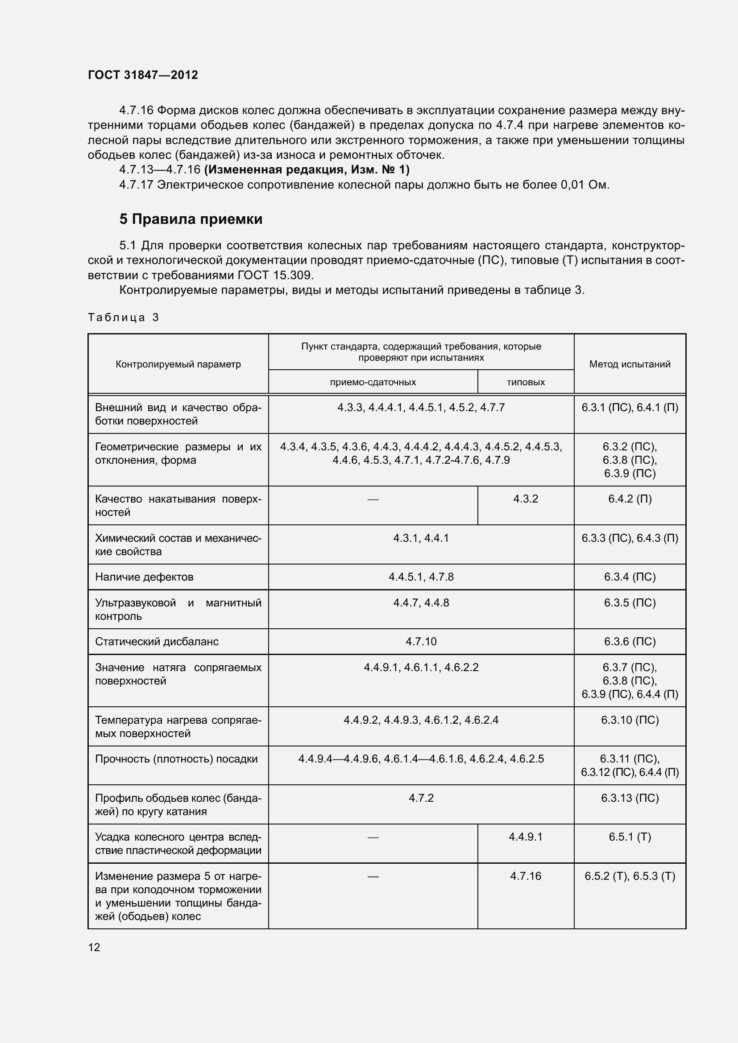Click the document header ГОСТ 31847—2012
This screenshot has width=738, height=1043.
point(143,75)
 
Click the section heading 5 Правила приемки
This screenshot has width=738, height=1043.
point(191,219)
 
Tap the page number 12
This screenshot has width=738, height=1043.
point(94,947)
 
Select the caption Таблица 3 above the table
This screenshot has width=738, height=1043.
point(123,317)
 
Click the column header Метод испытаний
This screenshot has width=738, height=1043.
point(630,364)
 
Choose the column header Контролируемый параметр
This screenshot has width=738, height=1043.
point(178,364)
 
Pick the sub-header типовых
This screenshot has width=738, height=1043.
point(525,382)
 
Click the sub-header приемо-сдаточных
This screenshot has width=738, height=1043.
point(373,382)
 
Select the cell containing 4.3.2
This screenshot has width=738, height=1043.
point(525,499)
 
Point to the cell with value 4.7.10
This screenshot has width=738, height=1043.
point(421,641)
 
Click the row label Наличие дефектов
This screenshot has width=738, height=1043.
point(144,577)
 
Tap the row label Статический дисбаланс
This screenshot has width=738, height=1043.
point(157,641)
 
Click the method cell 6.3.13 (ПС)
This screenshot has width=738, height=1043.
point(630,798)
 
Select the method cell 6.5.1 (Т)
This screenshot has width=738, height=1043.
point(630,837)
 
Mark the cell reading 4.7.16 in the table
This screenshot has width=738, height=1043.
point(525,876)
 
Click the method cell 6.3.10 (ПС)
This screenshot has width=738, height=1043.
point(630,720)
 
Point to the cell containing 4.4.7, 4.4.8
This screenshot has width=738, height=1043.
point(421,603)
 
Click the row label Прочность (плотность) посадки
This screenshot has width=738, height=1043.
point(176,759)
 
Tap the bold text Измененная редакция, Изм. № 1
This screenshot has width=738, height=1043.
point(307,170)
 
